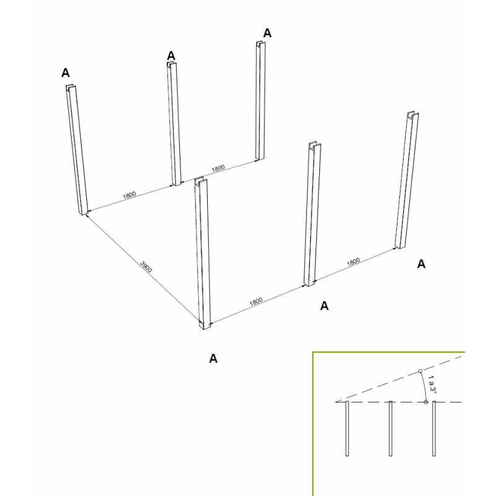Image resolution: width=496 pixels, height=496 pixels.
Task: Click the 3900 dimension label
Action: pyautogui.click(x=146, y=267)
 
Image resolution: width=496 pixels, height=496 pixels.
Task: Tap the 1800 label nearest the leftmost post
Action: pyautogui.click(x=129, y=195)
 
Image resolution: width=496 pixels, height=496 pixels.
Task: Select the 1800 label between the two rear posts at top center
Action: pyautogui.click(x=218, y=169)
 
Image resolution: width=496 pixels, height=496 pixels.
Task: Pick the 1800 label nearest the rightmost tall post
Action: pyautogui.click(x=353, y=262)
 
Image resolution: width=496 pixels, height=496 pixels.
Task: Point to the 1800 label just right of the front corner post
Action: pyautogui.click(x=256, y=301)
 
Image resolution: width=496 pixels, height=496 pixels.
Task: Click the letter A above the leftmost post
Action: pyautogui.click(x=65, y=73)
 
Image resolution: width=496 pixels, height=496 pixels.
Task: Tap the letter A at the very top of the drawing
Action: pyautogui.click(x=267, y=33)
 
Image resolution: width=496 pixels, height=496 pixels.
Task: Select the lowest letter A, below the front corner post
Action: pyautogui.click(x=213, y=358)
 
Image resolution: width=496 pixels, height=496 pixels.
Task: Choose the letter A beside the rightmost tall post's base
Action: pyautogui.click(x=421, y=264)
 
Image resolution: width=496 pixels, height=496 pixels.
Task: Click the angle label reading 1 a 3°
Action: pyautogui.click(x=432, y=384)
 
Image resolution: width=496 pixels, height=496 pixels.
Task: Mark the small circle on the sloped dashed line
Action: pyautogui.click(x=420, y=371)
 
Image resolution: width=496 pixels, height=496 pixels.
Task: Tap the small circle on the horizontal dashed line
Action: pyautogui.click(x=426, y=402)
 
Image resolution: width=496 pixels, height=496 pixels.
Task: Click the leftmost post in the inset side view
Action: pyautogui.click(x=347, y=428)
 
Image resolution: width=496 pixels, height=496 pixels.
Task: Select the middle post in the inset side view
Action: pyautogui.click(x=391, y=428)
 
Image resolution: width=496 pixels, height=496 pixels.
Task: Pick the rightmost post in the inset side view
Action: pyautogui.click(x=433, y=428)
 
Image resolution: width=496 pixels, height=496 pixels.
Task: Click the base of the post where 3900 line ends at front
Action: pyautogui.click(x=205, y=326)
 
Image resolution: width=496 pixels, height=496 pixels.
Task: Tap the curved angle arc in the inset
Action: pyautogui.click(x=425, y=386)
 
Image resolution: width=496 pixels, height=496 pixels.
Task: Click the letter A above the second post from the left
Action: pyautogui.click(x=171, y=56)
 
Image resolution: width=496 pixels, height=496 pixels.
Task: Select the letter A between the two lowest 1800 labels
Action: pyautogui.click(x=324, y=306)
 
